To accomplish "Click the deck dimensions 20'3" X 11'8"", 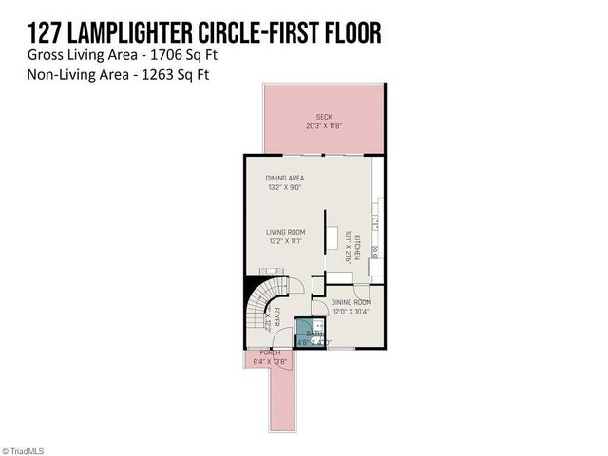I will pyautogui.click(x=324, y=126).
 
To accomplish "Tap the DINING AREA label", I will pyautogui.click(x=284, y=178).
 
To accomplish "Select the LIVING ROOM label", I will pyautogui.click(x=284, y=231).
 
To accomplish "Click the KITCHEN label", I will pyautogui.click(x=357, y=246).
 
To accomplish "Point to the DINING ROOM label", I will pyautogui.click(x=351, y=301).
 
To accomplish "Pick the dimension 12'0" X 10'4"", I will pyautogui.click(x=351, y=311).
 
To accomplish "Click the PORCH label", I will pyautogui.click(x=270, y=352).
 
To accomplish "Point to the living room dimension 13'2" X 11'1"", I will pyautogui.click(x=284, y=240).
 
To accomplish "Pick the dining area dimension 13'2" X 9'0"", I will pyautogui.click(x=284, y=187).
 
